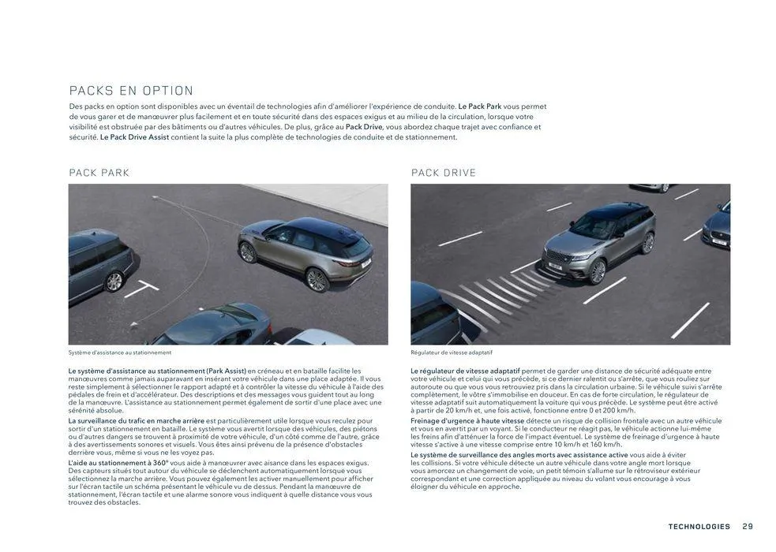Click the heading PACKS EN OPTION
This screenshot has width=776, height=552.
tap(131, 91)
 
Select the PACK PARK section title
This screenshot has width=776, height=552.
tap(99, 173)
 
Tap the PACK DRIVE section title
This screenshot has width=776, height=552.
tap(444, 173)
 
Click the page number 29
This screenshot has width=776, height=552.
tap(748, 527)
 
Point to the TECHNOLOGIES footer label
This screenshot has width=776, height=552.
tap(699, 527)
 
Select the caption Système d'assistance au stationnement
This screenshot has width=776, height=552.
tap(119, 352)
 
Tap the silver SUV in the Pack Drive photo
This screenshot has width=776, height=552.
tap(600, 240)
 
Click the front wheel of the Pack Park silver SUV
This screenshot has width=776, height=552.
tap(317, 279)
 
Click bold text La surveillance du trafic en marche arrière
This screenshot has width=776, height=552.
tap(136, 421)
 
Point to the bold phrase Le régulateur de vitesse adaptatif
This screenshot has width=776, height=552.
tap(465, 371)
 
